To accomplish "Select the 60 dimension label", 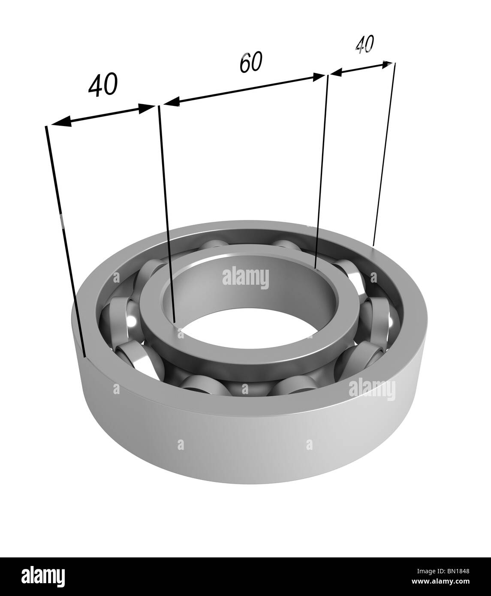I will pos(251,63).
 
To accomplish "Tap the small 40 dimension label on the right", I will pos(365,44).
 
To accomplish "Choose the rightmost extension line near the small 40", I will pos(384,154).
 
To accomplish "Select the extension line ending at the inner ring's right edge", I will pos(322,172).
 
